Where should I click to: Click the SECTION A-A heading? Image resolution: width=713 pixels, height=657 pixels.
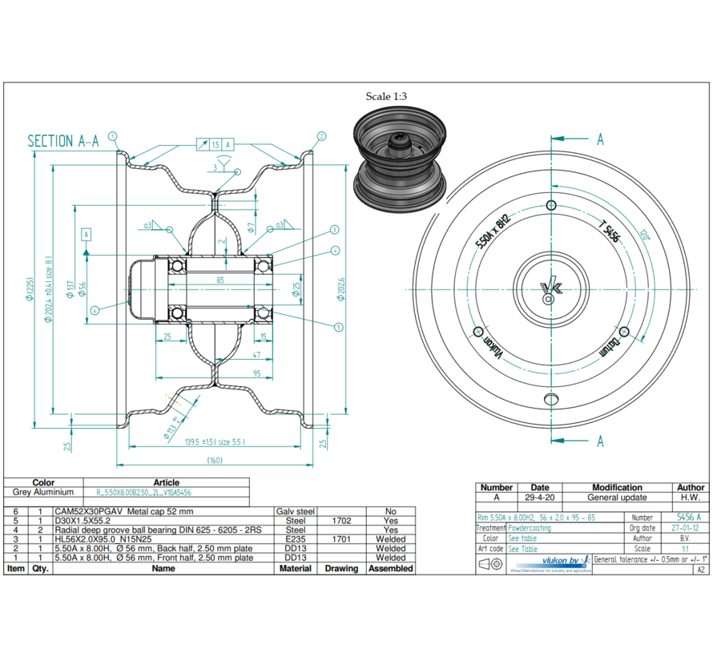[x=63, y=142]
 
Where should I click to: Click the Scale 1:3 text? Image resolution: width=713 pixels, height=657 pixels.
[x=386, y=97]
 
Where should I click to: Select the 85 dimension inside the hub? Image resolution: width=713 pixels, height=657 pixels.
[x=220, y=280]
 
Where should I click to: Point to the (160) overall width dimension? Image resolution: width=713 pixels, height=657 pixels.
[x=215, y=460]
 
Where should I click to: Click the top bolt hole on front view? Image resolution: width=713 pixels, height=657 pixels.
[x=551, y=206]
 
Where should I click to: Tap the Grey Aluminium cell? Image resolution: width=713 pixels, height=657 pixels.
[x=43, y=492]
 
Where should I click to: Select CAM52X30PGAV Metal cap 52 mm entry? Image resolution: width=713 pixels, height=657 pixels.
[x=123, y=511]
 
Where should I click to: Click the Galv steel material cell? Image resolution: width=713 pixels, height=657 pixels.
[x=296, y=511]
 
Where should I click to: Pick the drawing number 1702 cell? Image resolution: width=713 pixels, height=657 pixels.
[x=341, y=521]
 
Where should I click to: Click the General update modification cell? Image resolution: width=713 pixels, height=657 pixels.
[x=617, y=498]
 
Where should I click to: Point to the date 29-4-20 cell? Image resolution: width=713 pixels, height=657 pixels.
[x=540, y=498]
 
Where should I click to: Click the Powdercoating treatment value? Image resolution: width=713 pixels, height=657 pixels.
[x=530, y=528]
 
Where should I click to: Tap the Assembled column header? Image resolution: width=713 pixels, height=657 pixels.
[x=391, y=568]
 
